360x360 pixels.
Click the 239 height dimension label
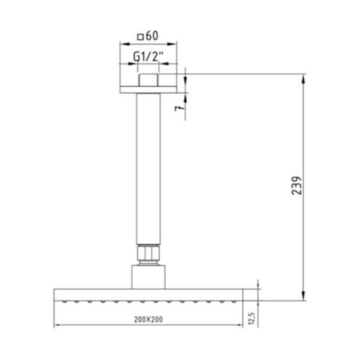point(297,185)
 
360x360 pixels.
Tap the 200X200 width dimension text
point(148,319)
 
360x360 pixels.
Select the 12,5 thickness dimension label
point(252,319)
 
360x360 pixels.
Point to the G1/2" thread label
point(148,57)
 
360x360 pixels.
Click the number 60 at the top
point(152,36)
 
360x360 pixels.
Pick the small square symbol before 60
point(140,37)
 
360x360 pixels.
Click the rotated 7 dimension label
point(178,108)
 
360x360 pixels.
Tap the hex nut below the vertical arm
point(148,253)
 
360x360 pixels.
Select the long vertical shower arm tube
point(148,169)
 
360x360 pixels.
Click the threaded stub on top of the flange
point(148,80)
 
